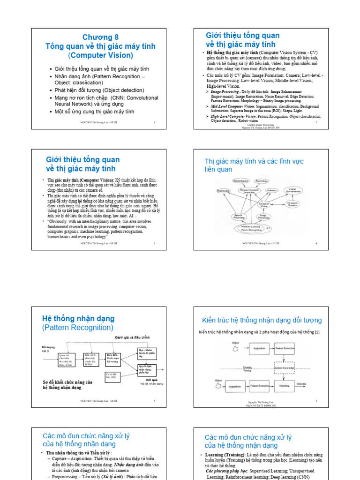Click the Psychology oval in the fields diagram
coord(262,180)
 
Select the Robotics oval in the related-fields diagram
coord(272,191)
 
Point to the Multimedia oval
coord(224,191)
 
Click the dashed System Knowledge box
coord(284,368)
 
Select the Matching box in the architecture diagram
coord(285,385)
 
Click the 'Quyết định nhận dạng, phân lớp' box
coord(147,370)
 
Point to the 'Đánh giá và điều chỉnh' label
coord(133,337)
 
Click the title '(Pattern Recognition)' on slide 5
coord(78,328)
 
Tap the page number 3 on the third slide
coord(154,243)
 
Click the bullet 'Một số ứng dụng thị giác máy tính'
coord(94,112)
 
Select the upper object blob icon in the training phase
coord(235,348)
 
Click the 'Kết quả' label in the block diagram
coord(151,380)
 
